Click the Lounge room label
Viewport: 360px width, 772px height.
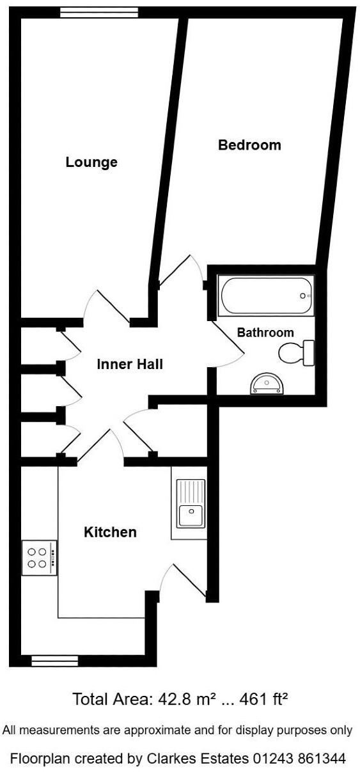(x=91, y=162)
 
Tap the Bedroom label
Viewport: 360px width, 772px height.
(x=249, y=145)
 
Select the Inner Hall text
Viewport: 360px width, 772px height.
(x=130, y=365)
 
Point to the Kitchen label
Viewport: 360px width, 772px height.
(x=111, y=532)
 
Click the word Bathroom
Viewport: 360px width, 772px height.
(x=265, y=333)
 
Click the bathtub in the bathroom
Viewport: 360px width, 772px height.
(x=266, y=295)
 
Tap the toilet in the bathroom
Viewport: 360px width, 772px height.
(x=298, y=352)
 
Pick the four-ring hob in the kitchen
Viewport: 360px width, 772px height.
(x=38, y=557)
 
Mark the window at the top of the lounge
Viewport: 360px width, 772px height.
(x=99, y=11)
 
